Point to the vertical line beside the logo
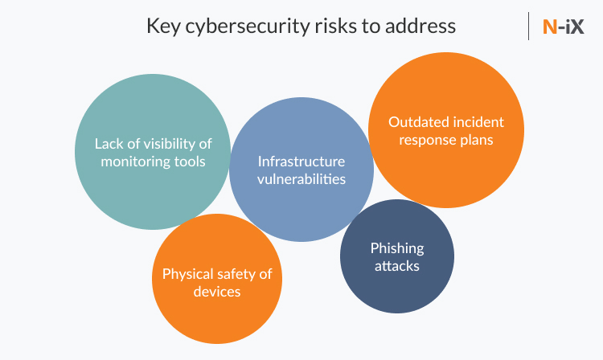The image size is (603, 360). click(529, 26)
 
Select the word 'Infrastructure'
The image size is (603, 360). click(301, 161)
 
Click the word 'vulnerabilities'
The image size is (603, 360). click(301, 178)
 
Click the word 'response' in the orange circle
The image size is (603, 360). click(425, 140)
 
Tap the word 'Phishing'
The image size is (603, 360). click(396, 247)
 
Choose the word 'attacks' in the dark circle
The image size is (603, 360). click(396, 265)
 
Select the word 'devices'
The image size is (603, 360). click(216, 292)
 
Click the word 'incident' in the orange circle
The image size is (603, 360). click(477, 122)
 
